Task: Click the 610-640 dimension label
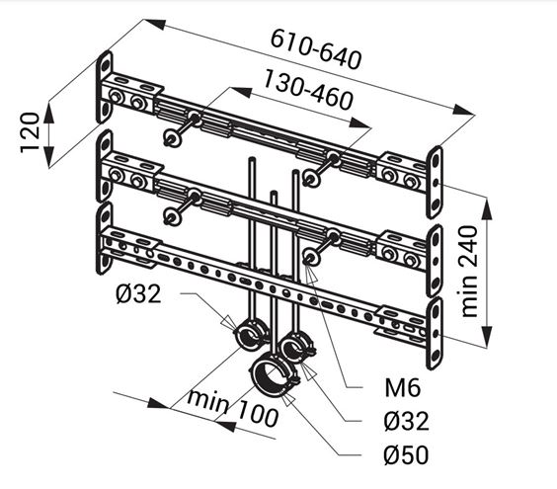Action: click(316, 49)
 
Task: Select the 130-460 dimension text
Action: click(308, 90)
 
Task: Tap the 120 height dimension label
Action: click(30, 132)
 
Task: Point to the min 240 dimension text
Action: click(469, 272)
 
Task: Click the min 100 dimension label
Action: click(233, 408)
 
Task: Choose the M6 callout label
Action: click(403, 387)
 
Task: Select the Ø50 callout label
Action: click(406, 454)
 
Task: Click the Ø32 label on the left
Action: click(138, 294)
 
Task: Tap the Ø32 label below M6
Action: click(406, 421)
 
